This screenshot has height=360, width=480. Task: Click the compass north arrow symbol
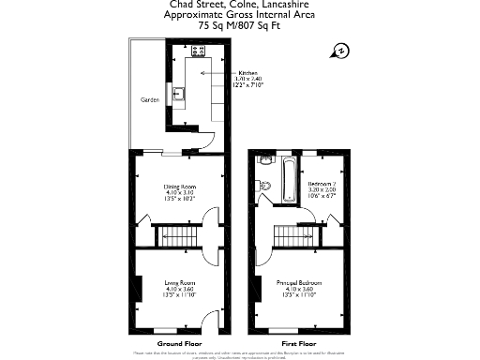tap(342, 51)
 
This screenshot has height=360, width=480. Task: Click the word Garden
tap(148, 99)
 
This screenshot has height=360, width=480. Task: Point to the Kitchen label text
tap(247, 72)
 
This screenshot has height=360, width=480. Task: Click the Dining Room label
tap(178, 187)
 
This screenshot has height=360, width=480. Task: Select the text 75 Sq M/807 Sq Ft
tap(239, 26)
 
